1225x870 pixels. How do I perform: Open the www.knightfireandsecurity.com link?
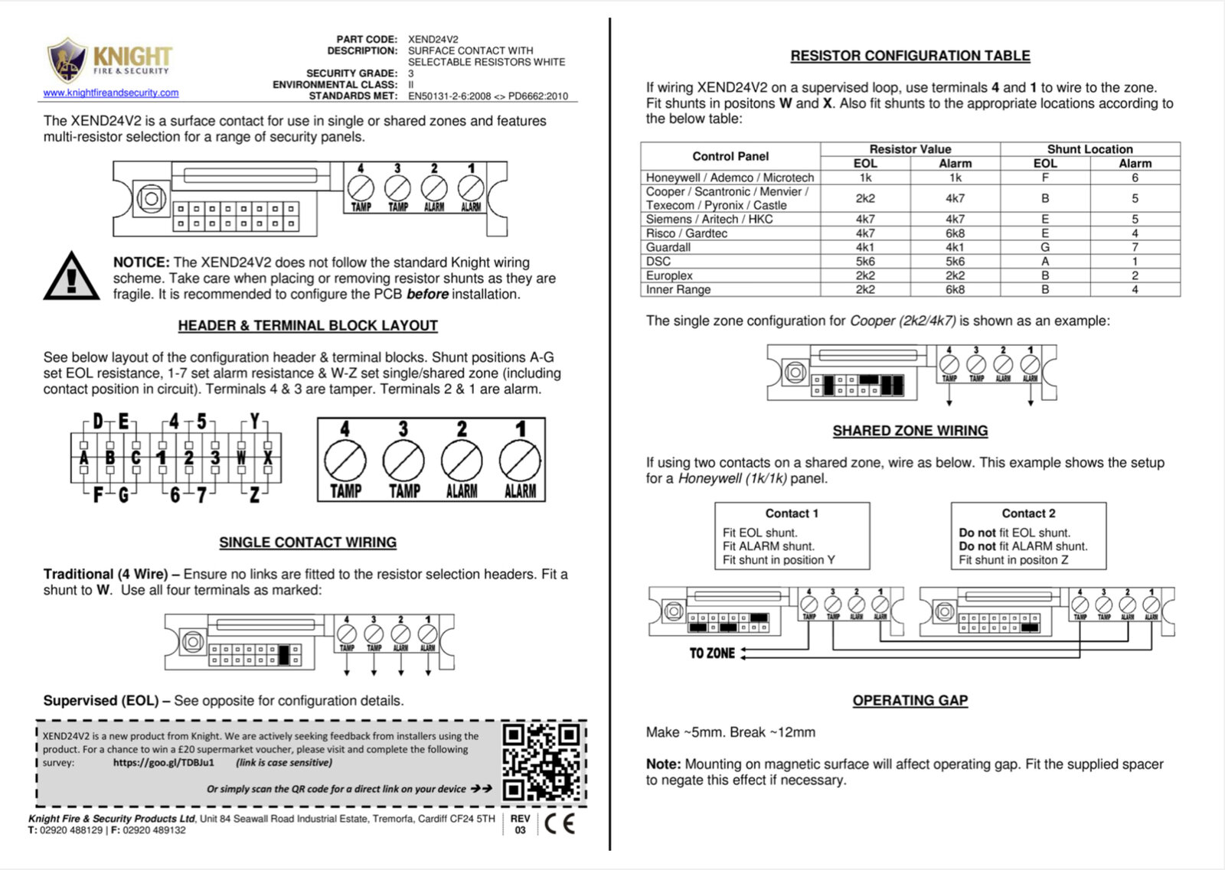[x=111, y=93]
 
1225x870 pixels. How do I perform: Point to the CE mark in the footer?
[x=559, y=823]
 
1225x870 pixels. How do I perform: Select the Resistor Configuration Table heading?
[x=910, y=56]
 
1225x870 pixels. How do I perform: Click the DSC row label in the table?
[x=658, y=261]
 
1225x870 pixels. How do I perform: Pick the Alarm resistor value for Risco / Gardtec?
[x=955, y=233]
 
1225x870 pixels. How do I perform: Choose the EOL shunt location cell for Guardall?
[x=1045, y=247]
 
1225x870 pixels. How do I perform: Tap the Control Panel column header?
[x=730, y=156]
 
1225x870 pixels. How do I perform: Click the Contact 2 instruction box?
[x=1028, y=536]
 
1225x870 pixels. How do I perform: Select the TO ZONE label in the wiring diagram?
[x=712, y=653]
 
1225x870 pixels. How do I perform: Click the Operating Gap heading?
[x=910, y=700]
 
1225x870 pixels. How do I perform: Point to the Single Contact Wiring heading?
[x=308, y=543]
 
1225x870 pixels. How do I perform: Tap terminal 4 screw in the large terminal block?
[x=345, y=462]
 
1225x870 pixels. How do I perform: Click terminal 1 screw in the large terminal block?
[x=521, y=462]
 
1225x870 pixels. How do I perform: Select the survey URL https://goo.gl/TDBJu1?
[x=164, y=763]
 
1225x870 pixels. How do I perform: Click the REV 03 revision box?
[x=521, y=824]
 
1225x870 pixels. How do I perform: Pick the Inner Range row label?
[x=678, y=289]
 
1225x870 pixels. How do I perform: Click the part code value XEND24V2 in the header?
[x=433, y=39]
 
